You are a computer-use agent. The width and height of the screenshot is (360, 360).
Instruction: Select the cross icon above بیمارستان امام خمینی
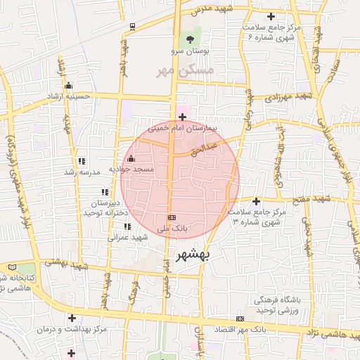(183, 117)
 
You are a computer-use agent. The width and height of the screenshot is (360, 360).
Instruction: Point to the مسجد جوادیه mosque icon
(131, 157)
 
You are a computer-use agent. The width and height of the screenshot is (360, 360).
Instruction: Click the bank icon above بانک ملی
(172, 217)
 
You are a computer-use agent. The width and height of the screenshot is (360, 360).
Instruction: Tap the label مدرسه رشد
(79, 172)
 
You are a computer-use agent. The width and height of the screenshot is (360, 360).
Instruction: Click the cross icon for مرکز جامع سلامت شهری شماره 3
(256, 201)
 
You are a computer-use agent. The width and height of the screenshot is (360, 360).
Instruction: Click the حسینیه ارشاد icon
(68, 86)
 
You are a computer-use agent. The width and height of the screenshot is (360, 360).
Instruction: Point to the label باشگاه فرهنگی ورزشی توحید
(278, 304)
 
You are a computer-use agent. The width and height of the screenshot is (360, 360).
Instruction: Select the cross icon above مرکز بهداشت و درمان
(72, 318)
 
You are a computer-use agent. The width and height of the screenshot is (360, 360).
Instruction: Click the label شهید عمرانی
(127, 237)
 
